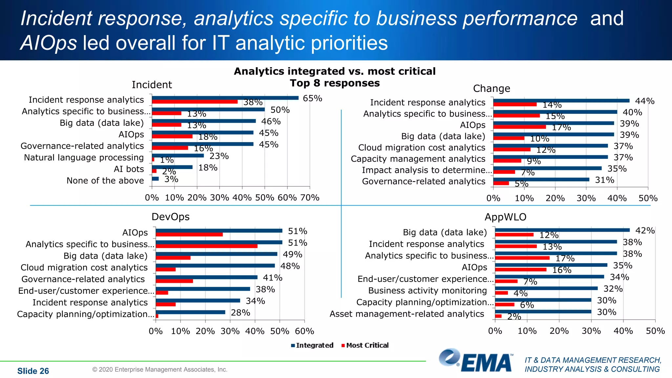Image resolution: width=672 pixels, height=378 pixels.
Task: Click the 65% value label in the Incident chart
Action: point(312,98)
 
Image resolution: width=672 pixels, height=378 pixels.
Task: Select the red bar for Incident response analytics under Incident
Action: point(195,102)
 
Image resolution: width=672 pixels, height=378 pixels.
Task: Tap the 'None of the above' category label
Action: point(105,180)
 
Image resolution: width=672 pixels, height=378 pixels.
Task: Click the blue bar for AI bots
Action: point(172,167)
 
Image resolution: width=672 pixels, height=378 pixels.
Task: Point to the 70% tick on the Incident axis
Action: point(310,198)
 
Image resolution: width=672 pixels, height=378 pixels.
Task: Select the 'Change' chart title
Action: point(492,89)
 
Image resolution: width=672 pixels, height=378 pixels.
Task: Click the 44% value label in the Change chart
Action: point(645,101)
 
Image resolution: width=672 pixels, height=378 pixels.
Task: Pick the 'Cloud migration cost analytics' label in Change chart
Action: point(422,148)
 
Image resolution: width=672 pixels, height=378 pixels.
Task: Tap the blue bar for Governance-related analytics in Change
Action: point(541,179)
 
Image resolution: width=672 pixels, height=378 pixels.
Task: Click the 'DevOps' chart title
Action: point(170,217)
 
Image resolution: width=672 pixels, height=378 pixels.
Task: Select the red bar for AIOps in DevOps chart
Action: point(189,235)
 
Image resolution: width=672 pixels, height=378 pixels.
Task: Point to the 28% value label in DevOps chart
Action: point(241,313)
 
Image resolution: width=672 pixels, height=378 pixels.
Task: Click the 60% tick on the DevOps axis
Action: point(304,331)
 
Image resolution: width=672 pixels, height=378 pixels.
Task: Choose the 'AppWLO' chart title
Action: point(505,217)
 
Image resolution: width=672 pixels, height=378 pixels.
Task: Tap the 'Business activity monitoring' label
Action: point(427,291)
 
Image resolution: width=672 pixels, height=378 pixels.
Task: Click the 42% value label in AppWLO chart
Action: point(645,231)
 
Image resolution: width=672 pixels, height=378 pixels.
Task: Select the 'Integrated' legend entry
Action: point(312,345)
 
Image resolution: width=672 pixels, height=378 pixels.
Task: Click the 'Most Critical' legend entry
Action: point(365,345)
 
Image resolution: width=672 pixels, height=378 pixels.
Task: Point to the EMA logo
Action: point(476,361)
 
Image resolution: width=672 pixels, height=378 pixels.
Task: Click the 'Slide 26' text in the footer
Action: point(33,371)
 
